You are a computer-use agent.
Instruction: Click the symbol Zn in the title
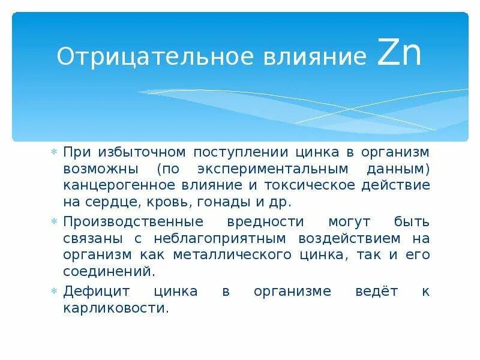pyautogui.click(x=400, y=55)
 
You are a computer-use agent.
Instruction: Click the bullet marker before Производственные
pyautogui.click(x=54, y=221)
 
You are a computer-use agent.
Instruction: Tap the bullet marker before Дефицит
pyautogui.click(x=54, y=291)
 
